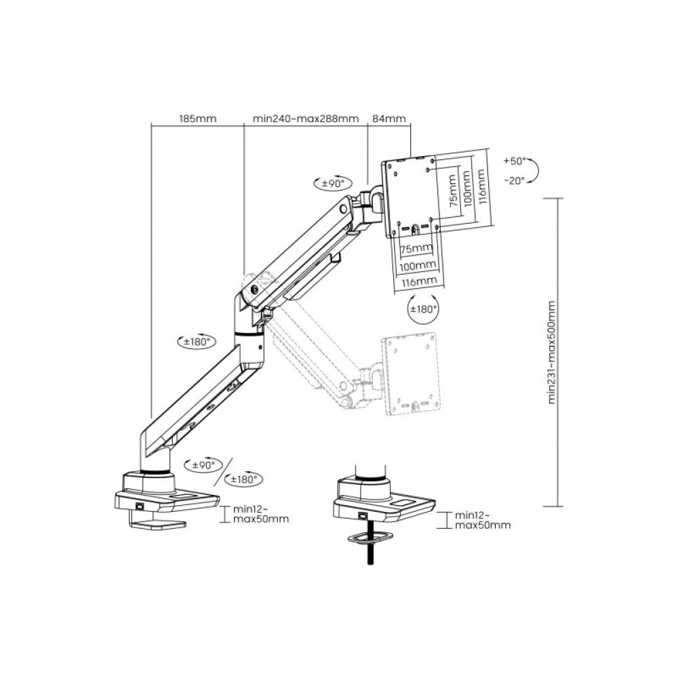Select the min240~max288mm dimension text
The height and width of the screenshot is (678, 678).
point(305,119)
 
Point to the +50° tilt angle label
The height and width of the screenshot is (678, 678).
point(515,161)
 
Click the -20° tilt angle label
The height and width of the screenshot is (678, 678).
point(515,180)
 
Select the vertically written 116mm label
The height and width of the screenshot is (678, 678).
point(481,189)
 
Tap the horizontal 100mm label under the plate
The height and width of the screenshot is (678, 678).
point(418,264)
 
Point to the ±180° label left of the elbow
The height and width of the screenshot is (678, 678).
point(199,342)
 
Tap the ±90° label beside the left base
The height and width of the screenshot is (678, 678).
point(202,465)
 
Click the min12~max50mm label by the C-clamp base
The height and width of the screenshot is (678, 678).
point(260,514)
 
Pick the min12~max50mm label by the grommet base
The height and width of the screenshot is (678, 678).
point(483,519)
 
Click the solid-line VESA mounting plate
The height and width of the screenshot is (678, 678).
point(411,196)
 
